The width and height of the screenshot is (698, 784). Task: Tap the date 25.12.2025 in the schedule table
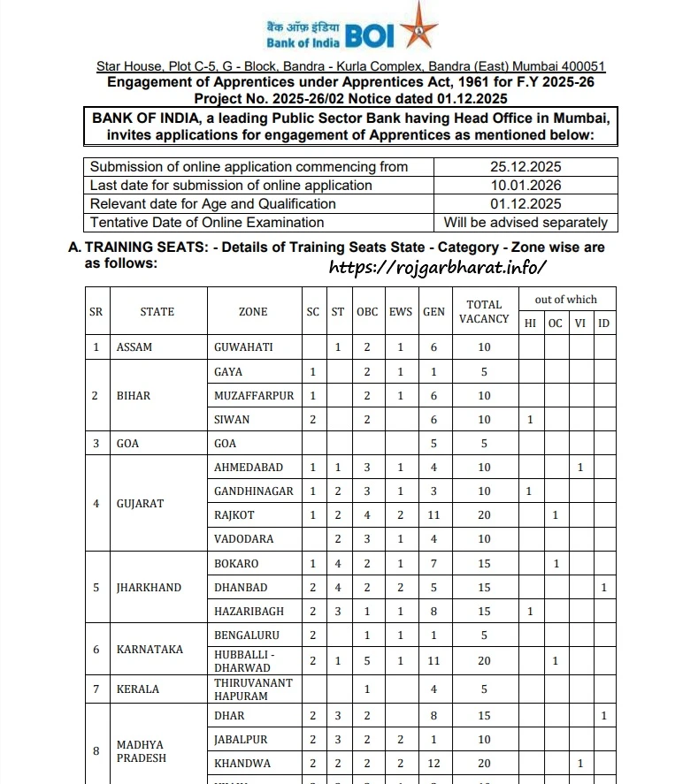(x=525, y=167)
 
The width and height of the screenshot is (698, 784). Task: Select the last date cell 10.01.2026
(x=525, y=186)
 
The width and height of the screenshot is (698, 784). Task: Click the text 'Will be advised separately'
(x=525, y=223)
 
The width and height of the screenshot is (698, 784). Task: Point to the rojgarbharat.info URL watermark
(x=438, y=266)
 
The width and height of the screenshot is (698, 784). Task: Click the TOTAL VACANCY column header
(x=484, y=311)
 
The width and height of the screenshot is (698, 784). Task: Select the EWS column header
(x=401, y=312)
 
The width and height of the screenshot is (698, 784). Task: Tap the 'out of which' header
(x=566, y=300)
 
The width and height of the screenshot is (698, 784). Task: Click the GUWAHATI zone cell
(x=245, y=347)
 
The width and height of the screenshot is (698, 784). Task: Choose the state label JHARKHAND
(x=149, y=588)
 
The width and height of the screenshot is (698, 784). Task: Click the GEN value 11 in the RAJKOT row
(x=433, y=515)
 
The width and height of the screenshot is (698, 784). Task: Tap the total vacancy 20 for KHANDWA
(x=484, y=764)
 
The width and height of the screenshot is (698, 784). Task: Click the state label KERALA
(x=138, y=689)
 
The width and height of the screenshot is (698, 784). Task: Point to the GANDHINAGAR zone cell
(x=253, y=491)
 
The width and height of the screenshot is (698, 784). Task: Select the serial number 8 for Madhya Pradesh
(x=96, y=751)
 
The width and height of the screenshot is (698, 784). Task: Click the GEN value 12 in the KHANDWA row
(x=433, y=764)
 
